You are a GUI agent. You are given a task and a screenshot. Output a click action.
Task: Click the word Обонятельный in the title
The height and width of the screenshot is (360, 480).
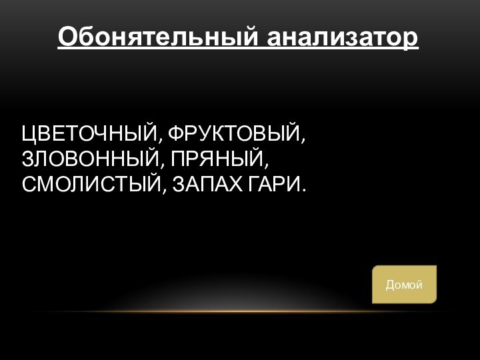tap(159, 37)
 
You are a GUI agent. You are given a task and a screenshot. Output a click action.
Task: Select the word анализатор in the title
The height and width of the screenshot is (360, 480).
tap(343, 37)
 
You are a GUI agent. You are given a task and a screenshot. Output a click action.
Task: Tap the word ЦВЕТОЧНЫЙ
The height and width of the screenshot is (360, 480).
tap(89, 135)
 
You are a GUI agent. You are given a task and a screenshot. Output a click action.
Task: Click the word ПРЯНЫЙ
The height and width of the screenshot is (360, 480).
tap(219, 159)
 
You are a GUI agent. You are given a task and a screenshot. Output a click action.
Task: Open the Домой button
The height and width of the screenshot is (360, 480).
tap(404, 285)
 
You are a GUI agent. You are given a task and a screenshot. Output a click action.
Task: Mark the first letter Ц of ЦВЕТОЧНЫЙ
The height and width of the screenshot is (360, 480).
tap(29, 136)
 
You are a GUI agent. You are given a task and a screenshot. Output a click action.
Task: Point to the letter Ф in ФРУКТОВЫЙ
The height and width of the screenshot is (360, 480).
tap(175, 135)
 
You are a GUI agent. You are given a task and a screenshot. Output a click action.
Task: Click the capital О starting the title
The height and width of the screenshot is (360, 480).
tap(66, 37)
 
